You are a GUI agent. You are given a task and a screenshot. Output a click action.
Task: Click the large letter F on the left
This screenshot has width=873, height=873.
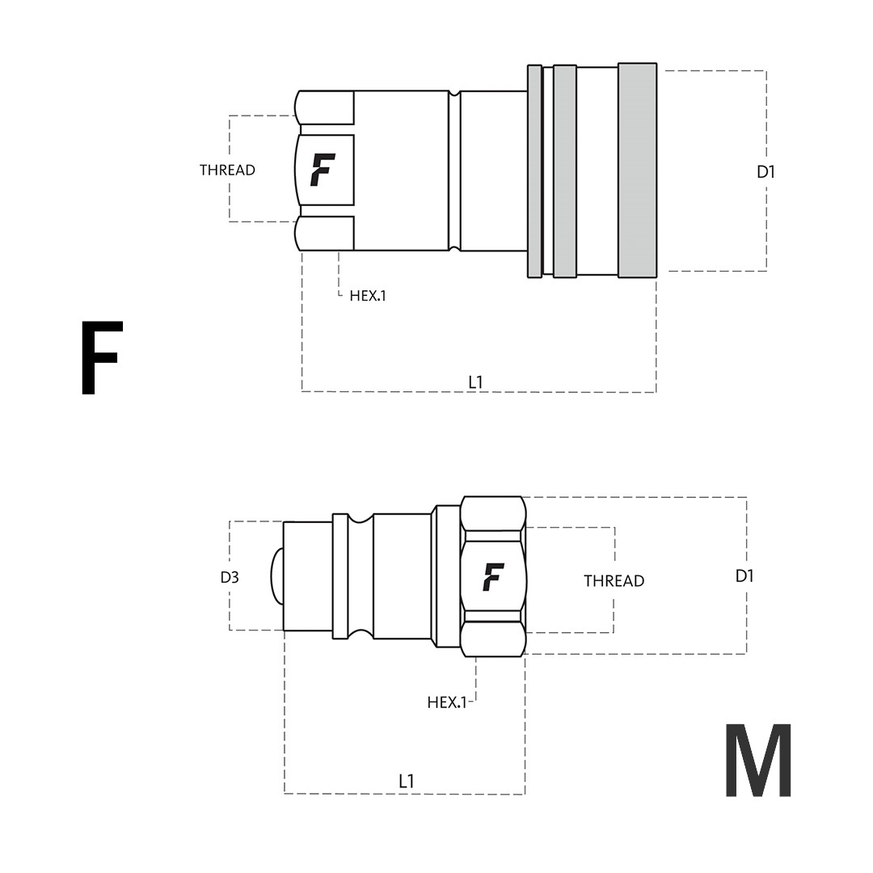[102, 357]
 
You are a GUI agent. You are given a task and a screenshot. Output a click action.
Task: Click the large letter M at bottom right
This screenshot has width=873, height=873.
[758, 760]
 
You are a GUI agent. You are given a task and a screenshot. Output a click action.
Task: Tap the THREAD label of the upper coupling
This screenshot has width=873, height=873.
[227, 170]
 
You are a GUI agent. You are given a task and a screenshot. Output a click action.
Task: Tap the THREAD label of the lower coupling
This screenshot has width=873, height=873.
[614, 580]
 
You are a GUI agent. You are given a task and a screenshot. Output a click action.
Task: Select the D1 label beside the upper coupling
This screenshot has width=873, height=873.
[766, 172]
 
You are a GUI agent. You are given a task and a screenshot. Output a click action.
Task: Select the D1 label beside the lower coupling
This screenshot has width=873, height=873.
[744, 576]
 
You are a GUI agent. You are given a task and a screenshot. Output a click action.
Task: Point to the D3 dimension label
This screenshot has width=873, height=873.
[230, 577]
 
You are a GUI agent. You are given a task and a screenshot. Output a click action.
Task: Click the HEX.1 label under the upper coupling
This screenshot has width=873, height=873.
[368, 296]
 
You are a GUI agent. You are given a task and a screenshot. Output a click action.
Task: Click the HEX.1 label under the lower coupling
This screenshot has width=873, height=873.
[446, 702]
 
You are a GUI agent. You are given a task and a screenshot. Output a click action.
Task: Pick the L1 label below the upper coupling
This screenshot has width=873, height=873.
[475, 382]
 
